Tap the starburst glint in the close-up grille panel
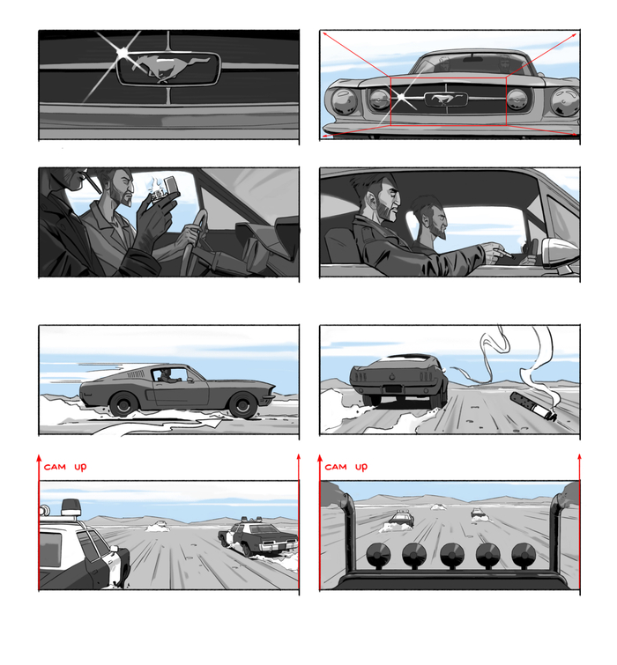point(123,53)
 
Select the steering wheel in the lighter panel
point(194,240)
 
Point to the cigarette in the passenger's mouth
point(92,182)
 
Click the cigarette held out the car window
point(506,255)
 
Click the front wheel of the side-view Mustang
point(243,405)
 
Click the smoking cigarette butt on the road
point(533,406)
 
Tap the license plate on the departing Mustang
point(393,389)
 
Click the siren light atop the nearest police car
point(71,506)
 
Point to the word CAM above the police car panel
point(55,467)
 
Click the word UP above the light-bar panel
point(361,468)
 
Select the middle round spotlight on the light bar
point(452,555)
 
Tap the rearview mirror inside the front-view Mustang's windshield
point(472,59)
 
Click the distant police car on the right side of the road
point(478,514)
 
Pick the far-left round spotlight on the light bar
point(378,555)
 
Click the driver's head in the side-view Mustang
point(166,373)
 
